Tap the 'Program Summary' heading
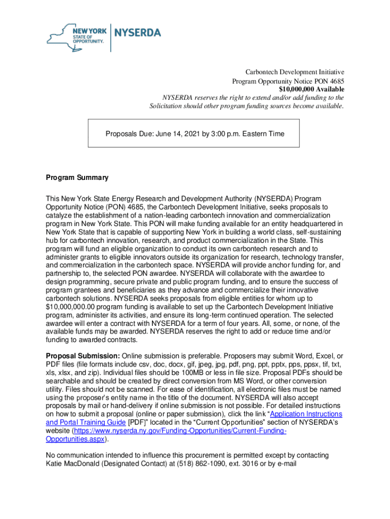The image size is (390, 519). [x=77, y=178]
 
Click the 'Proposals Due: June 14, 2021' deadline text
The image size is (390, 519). [x=194, y=134]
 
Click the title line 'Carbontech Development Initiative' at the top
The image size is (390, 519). [x=295, y=72]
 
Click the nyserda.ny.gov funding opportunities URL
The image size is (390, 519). [x=180, y=430]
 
